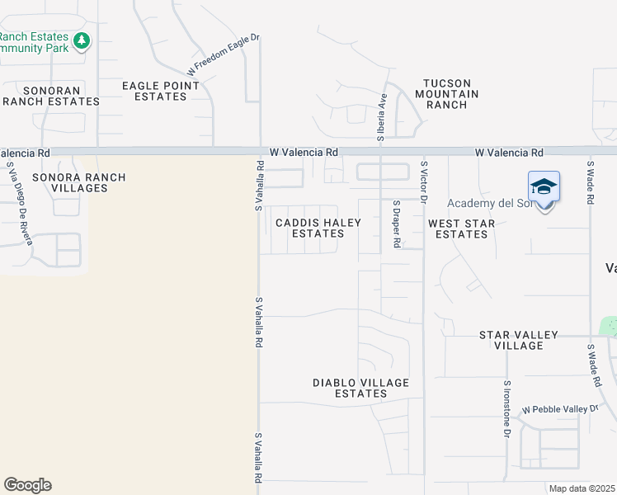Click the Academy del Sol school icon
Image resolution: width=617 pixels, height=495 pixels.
click(x=544, y=186)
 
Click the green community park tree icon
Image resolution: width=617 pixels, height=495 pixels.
click(x=81, y=40)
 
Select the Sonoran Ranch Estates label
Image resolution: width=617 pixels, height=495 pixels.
click(x=51, y=96)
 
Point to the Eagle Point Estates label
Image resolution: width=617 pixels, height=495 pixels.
click(x=160, y=91)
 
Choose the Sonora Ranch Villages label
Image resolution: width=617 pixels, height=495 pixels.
click(x=79, y=182)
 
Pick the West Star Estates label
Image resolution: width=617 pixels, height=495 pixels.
click(x=461, y=229)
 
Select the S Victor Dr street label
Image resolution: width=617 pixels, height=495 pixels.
click(x=423, y=181)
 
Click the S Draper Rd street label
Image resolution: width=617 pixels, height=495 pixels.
click(x=397, y=224)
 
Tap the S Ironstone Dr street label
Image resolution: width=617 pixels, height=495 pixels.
click(x=506, y=408)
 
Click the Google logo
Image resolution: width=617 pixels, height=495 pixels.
click(x=27, y=485)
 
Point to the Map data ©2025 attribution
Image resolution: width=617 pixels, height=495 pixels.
click(x=582, y=488)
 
